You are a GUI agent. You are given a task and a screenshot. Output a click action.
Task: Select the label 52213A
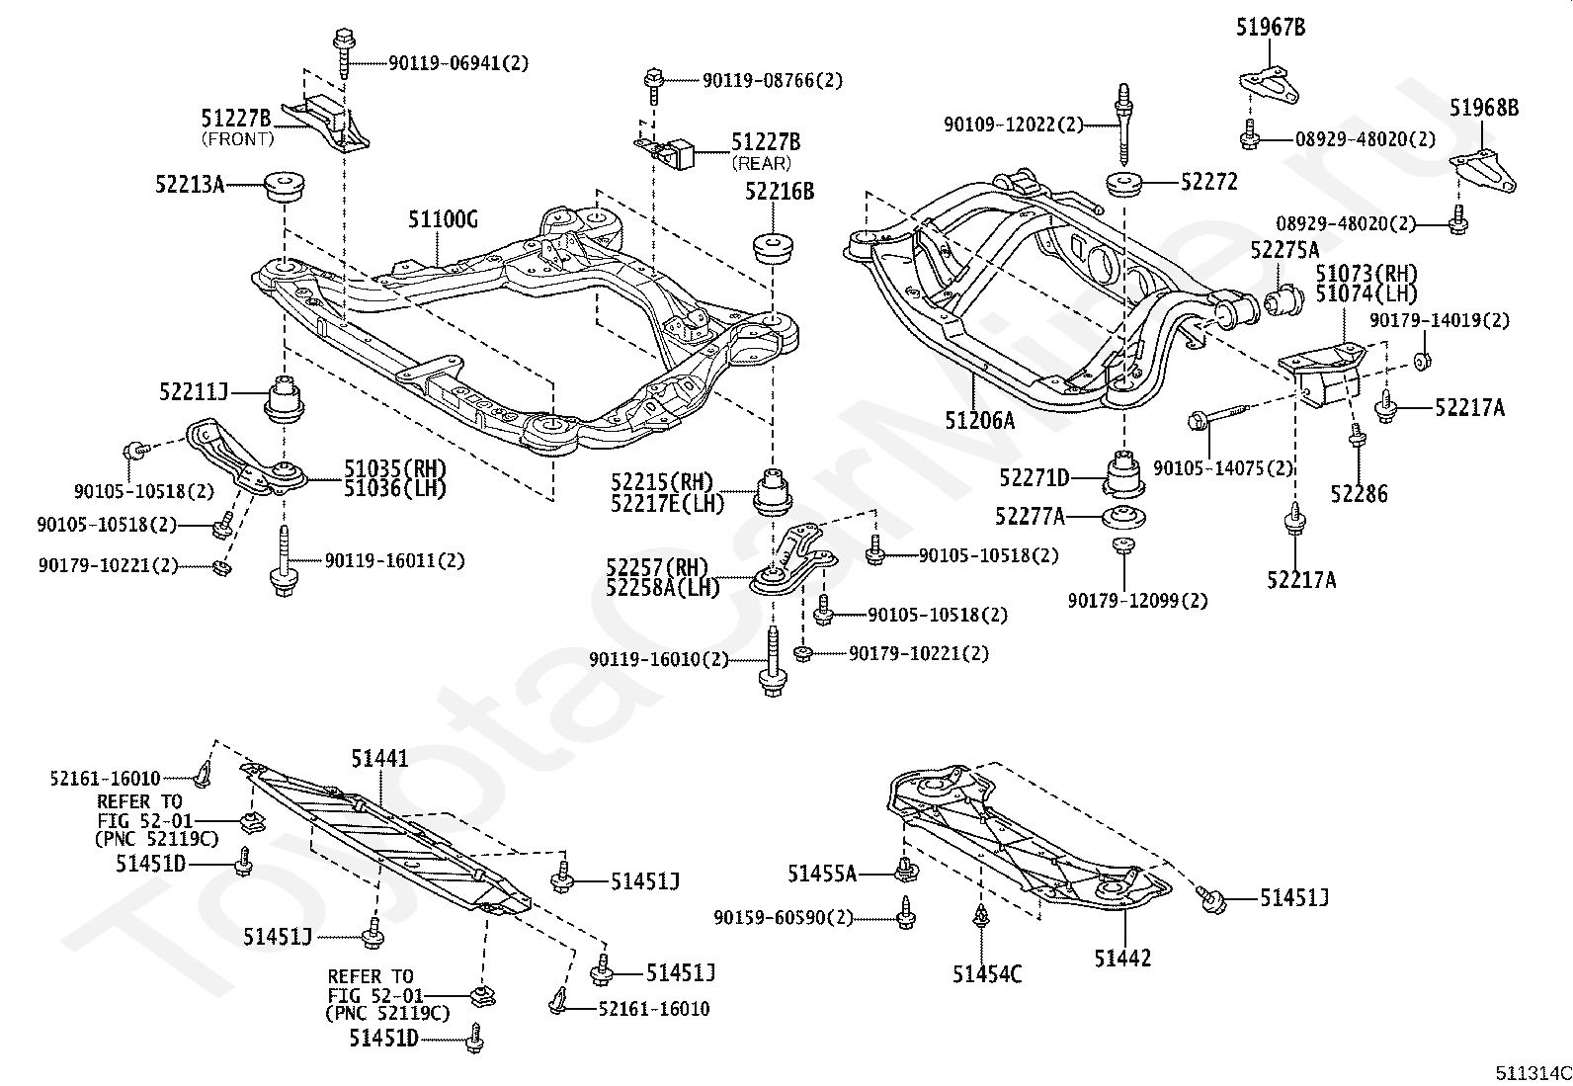click(x=190, y=183)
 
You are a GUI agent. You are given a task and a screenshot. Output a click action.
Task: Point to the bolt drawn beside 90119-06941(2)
click(x=342, y=53)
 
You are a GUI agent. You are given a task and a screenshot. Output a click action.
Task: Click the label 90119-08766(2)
click(x=773, y=80)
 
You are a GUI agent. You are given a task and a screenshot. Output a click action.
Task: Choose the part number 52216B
click(x=780, y=192)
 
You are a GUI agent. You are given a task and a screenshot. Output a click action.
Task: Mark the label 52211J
click(x=194, y=392)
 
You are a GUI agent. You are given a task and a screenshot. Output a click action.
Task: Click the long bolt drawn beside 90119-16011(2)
click(x=284, y=563)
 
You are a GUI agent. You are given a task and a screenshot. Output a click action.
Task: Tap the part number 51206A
click(x=979, y=420)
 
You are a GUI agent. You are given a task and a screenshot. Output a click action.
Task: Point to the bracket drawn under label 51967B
click(x=1268, y=84)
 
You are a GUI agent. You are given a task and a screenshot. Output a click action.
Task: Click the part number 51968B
click(x=1484, y=109)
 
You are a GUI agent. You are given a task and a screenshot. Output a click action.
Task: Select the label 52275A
click(x=1284, y=250)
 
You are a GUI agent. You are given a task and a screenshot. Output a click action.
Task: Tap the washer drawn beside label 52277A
click(x=1123, y=516)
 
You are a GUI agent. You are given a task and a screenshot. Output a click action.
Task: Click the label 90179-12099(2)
click(x=1137, y=600)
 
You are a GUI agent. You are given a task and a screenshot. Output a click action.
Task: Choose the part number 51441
click(x=379, y=758)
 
